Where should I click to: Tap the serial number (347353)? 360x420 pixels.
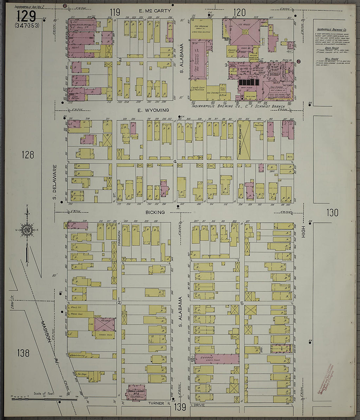click(x=27, y=25)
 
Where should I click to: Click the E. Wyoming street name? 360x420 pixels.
click(x=153, y=110)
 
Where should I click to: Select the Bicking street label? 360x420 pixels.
click(x=155, y=212)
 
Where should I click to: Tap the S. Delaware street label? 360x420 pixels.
click(x=55, y=182)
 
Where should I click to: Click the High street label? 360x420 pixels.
click(x=303, y=231)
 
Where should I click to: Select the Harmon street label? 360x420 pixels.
click(x=119, y=238)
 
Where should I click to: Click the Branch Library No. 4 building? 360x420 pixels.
click(x=136, y=392)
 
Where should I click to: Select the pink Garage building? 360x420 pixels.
click(x=216, y=359)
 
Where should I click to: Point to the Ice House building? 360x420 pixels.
click(x=245, y=31)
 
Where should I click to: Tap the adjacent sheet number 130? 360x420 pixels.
click(x=332, y=213)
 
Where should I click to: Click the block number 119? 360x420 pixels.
click(x=115, y=13)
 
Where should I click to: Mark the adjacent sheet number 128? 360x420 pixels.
click(x=27, y=154)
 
